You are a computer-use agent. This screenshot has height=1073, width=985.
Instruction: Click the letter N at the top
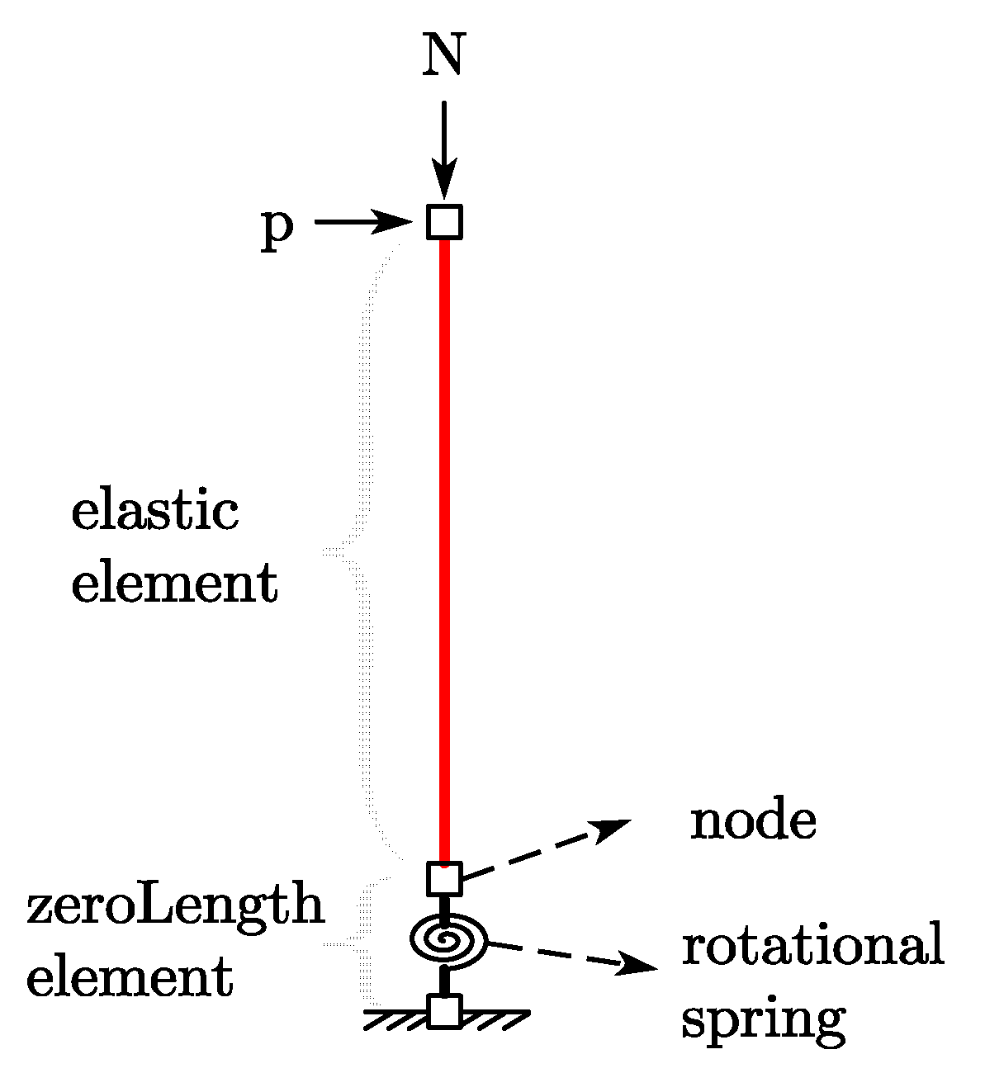(443, 56)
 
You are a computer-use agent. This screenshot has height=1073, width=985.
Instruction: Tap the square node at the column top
(444, 221)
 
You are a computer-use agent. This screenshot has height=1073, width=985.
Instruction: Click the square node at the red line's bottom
(444, 878)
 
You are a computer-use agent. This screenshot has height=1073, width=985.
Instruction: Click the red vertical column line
(444, 545)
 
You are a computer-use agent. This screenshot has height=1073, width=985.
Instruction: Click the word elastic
(155, 511)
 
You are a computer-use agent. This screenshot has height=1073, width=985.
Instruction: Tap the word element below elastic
(174, 584)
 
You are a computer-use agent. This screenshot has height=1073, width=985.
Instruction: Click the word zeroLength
(175, 905)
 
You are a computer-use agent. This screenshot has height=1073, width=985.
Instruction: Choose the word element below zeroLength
(130, 978)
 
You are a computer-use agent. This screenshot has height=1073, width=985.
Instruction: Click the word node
(753, 821)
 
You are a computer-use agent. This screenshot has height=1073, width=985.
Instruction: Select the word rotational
(812, 946)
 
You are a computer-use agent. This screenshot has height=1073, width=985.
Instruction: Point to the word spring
(763, 1020)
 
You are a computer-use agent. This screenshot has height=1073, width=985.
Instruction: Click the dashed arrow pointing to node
(545, 848)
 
